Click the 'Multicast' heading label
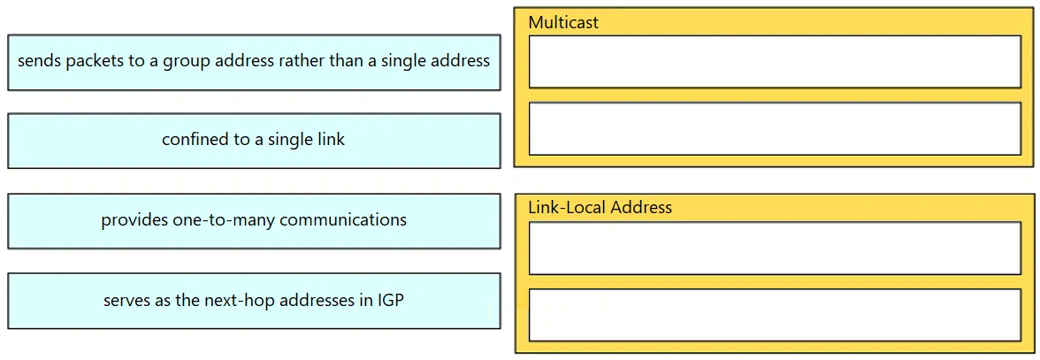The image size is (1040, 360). [x=563, y=22]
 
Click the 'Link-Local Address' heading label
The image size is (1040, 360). [x=600, y=208]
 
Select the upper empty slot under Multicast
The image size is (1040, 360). [x=775, y=62]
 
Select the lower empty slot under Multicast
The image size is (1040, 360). [x=775, y=128]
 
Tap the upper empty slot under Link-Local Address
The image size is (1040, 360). [x=775, y=248]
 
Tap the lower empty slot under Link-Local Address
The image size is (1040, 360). [x=775, y=315]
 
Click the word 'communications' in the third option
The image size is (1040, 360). [x=343, y=219]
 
